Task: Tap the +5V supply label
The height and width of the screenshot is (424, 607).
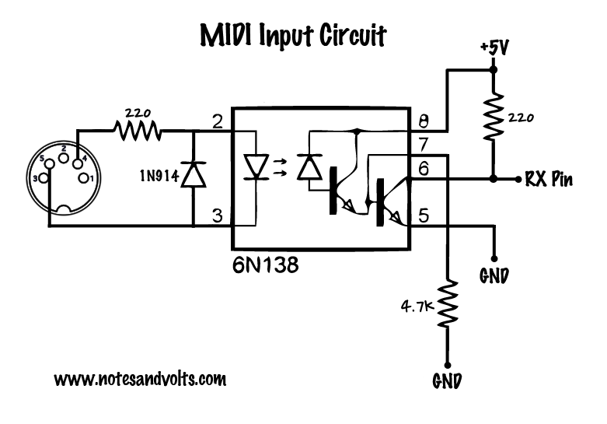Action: point(494,48)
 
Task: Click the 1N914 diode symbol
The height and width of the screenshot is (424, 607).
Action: point(193,177)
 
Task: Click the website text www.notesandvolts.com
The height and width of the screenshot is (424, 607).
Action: point(140,380)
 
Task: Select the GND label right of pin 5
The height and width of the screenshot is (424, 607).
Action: point(494,274)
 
